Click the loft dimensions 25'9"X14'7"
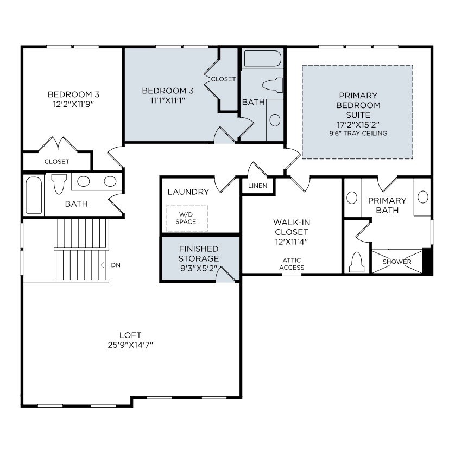pos(130,345)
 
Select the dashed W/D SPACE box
pos(186,218)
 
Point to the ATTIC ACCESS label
pos(292,264)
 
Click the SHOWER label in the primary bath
pos(397,262)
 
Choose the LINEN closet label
pos(257,186)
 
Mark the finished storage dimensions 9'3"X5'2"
pos(199,268)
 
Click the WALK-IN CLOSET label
pos(292,227)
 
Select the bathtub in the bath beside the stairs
pos(34,195)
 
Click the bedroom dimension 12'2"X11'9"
pos(73,103)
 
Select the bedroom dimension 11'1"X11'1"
pos(168,100)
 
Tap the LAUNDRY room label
pos(188,192)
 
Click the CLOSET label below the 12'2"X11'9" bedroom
pos(57,161)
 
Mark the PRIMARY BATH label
pos(387,205)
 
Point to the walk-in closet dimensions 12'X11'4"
pos(292,241)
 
